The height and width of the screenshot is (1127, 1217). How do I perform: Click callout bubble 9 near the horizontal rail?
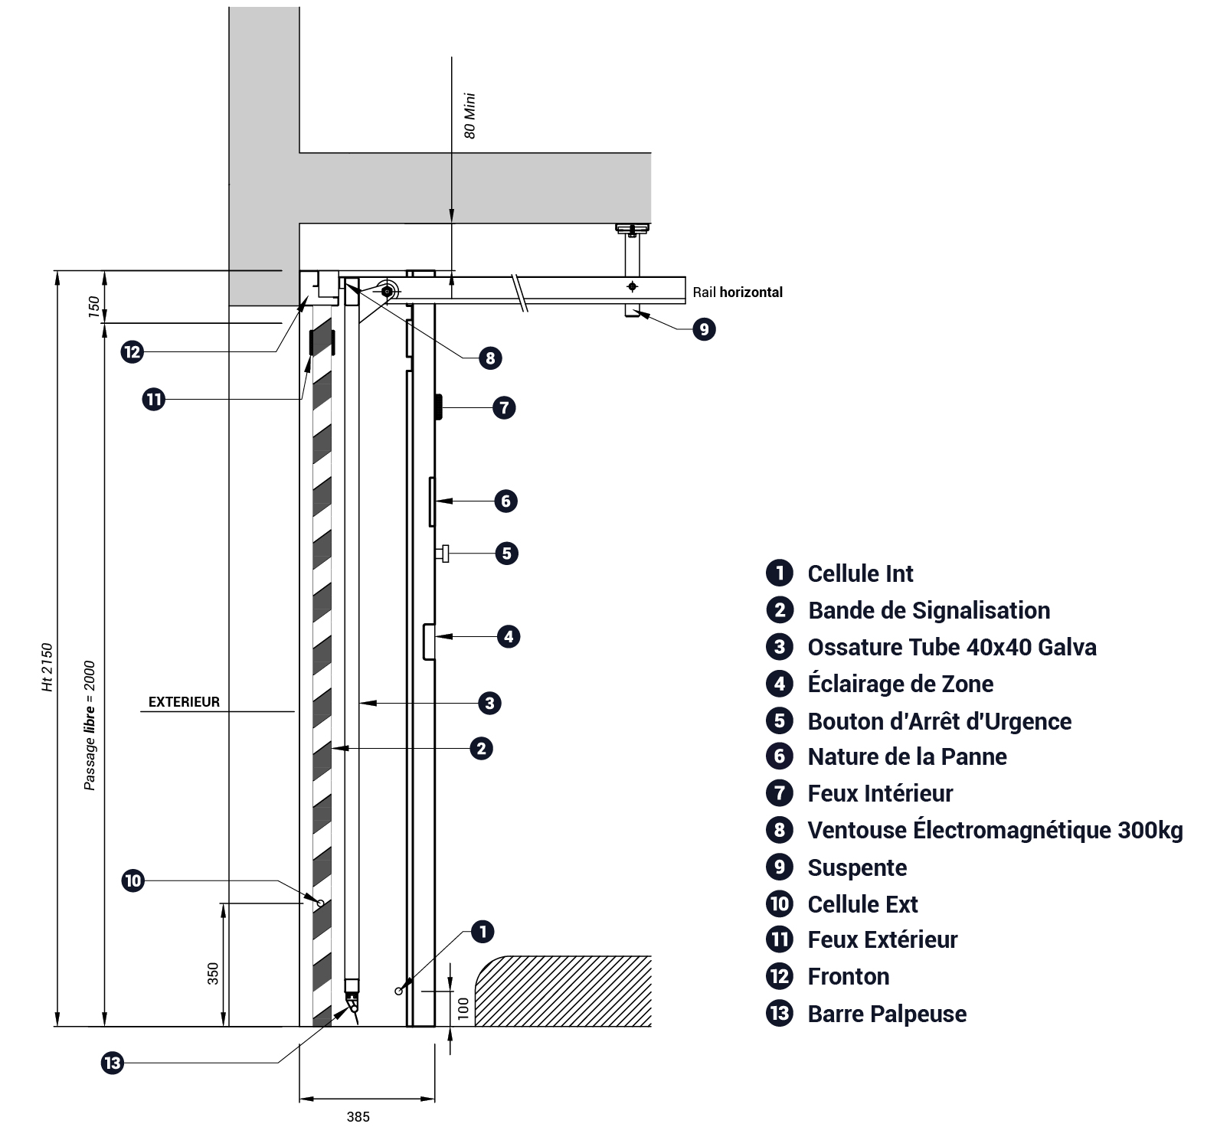coord(704,329)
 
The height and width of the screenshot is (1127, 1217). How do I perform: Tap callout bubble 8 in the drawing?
coord(490,358)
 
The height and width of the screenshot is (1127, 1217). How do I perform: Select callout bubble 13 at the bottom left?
coord(113,1063)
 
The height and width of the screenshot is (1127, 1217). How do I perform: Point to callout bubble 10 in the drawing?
coord(133,880)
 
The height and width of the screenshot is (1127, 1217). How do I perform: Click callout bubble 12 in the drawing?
coord(132,352)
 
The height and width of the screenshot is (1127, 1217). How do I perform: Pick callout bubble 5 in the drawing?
coord(506,553)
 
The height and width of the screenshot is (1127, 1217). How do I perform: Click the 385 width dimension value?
coord(358,1116)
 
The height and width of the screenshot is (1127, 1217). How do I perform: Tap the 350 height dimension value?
coord(214,973)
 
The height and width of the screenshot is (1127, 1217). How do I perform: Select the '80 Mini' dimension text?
coord(470,116)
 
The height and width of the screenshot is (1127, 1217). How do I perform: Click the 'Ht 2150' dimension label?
coord(48,668)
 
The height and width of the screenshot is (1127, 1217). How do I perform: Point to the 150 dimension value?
coord(94,307)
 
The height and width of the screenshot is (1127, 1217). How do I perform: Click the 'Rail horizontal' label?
coord(738,292)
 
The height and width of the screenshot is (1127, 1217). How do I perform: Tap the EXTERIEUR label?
coord(184,702)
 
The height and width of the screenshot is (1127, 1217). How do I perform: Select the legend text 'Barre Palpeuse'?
coord(887,1014)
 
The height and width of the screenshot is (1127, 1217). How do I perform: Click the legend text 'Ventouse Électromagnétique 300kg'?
coord(995,830)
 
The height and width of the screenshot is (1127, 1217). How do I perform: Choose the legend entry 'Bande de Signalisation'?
coord(929,610)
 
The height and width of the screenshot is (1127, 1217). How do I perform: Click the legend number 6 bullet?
coord(780,756)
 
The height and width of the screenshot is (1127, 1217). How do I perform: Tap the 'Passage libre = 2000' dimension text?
coord(90,725)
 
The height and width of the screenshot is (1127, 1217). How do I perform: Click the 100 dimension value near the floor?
coord(463,1008)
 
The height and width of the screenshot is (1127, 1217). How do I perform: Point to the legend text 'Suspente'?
coord(857,867)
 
